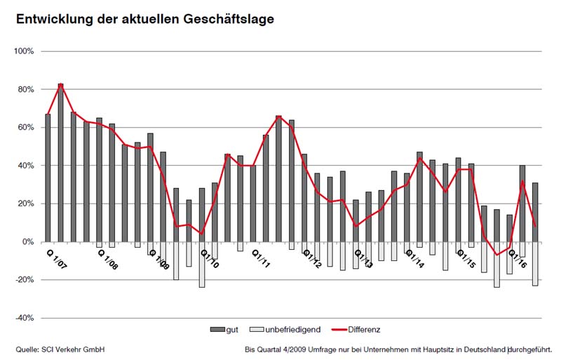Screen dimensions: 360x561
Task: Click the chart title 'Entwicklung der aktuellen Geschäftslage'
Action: tap(140, 19)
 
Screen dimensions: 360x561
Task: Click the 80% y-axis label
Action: tap(25, 90)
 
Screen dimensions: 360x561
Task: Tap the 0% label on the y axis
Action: tap(28, 242)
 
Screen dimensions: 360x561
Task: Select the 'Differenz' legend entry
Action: tap(363, 329)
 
